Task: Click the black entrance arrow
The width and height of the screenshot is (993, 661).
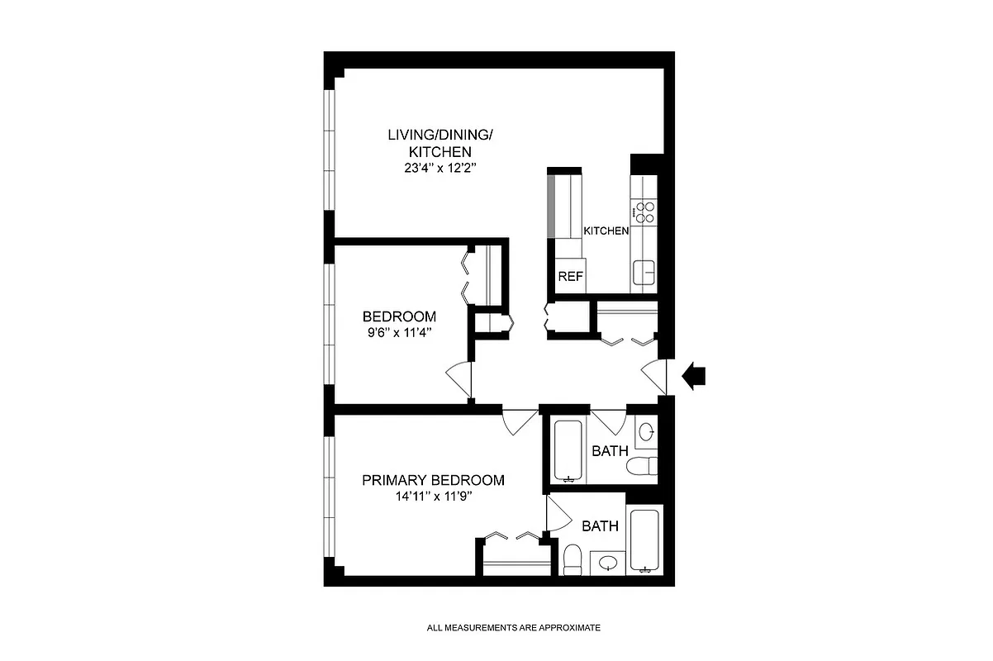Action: [x=693, y=376]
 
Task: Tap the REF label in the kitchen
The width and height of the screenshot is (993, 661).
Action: [x=570, y=277]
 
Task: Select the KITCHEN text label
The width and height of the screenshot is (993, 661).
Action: [x=606, y=231]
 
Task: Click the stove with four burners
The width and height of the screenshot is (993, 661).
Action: [x=644, y=212]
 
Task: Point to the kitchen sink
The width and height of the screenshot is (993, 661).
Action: [x=644, y=269]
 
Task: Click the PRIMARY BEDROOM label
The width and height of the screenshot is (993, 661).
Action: [x=433, y=480]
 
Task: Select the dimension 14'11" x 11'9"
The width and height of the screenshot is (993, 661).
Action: [x=433, y=497]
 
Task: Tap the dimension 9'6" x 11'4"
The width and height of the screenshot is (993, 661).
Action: [x=400, y=333]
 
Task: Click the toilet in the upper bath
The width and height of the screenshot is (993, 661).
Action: [x=641, y=467]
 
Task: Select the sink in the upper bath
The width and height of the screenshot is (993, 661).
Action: [x=648, y=430]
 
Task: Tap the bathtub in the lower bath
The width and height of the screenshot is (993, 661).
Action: [x=643, y=540]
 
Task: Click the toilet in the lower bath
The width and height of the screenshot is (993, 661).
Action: [x=571, y=559]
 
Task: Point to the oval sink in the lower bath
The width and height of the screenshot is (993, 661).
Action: [x=609, y=564]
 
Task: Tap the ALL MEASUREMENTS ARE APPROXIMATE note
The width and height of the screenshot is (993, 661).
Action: [x=513, y=628]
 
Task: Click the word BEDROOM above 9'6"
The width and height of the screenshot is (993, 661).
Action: [x=400, y=316]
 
